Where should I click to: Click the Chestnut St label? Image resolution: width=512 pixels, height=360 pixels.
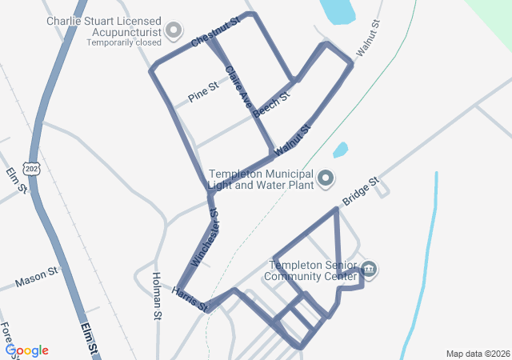tap(216, 30)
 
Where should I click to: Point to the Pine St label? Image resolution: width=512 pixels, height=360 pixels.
tap(203, 92)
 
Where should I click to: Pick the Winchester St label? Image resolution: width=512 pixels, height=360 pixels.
tap(206, 237)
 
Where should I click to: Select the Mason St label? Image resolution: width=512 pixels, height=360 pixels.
tap(37, 278)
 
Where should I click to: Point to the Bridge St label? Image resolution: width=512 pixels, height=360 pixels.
tap(359, 192)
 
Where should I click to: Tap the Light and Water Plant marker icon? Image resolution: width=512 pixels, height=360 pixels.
tap(326, 178)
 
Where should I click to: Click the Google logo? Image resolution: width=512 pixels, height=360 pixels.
tap(27, 350)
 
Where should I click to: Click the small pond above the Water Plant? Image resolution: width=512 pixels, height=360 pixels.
tap(341, 150)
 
